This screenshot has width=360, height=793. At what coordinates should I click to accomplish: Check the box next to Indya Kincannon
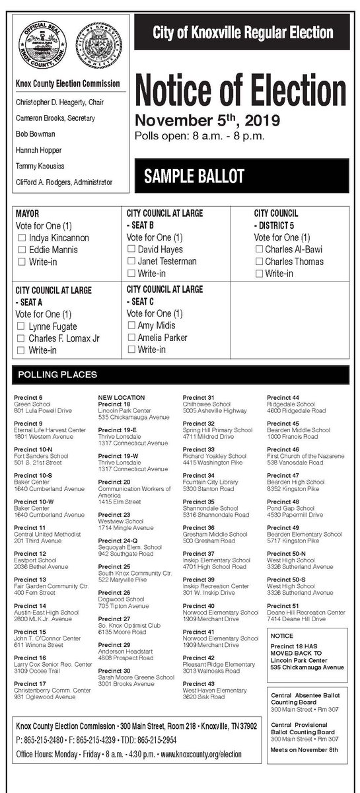point(22,238)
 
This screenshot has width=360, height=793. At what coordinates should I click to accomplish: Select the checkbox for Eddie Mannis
point(22,250)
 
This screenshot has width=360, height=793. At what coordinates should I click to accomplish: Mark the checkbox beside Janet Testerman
point(131,262)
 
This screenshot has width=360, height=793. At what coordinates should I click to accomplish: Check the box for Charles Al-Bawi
point(258,250)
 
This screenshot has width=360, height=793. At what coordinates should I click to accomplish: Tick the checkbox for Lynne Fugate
point(22,326)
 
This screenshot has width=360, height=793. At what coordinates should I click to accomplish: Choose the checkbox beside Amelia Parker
point(131,338)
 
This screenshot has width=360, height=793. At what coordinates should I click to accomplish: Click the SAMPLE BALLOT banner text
point(194,176)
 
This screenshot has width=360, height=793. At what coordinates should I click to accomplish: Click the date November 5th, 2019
point(198,122)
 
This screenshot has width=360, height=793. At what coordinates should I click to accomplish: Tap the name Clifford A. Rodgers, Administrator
point(64,182)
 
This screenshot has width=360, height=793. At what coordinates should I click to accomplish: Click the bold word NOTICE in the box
point(282,636)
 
